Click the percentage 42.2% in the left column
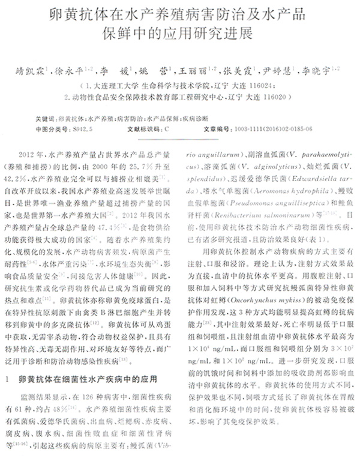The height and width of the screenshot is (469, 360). coord(29,179)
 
